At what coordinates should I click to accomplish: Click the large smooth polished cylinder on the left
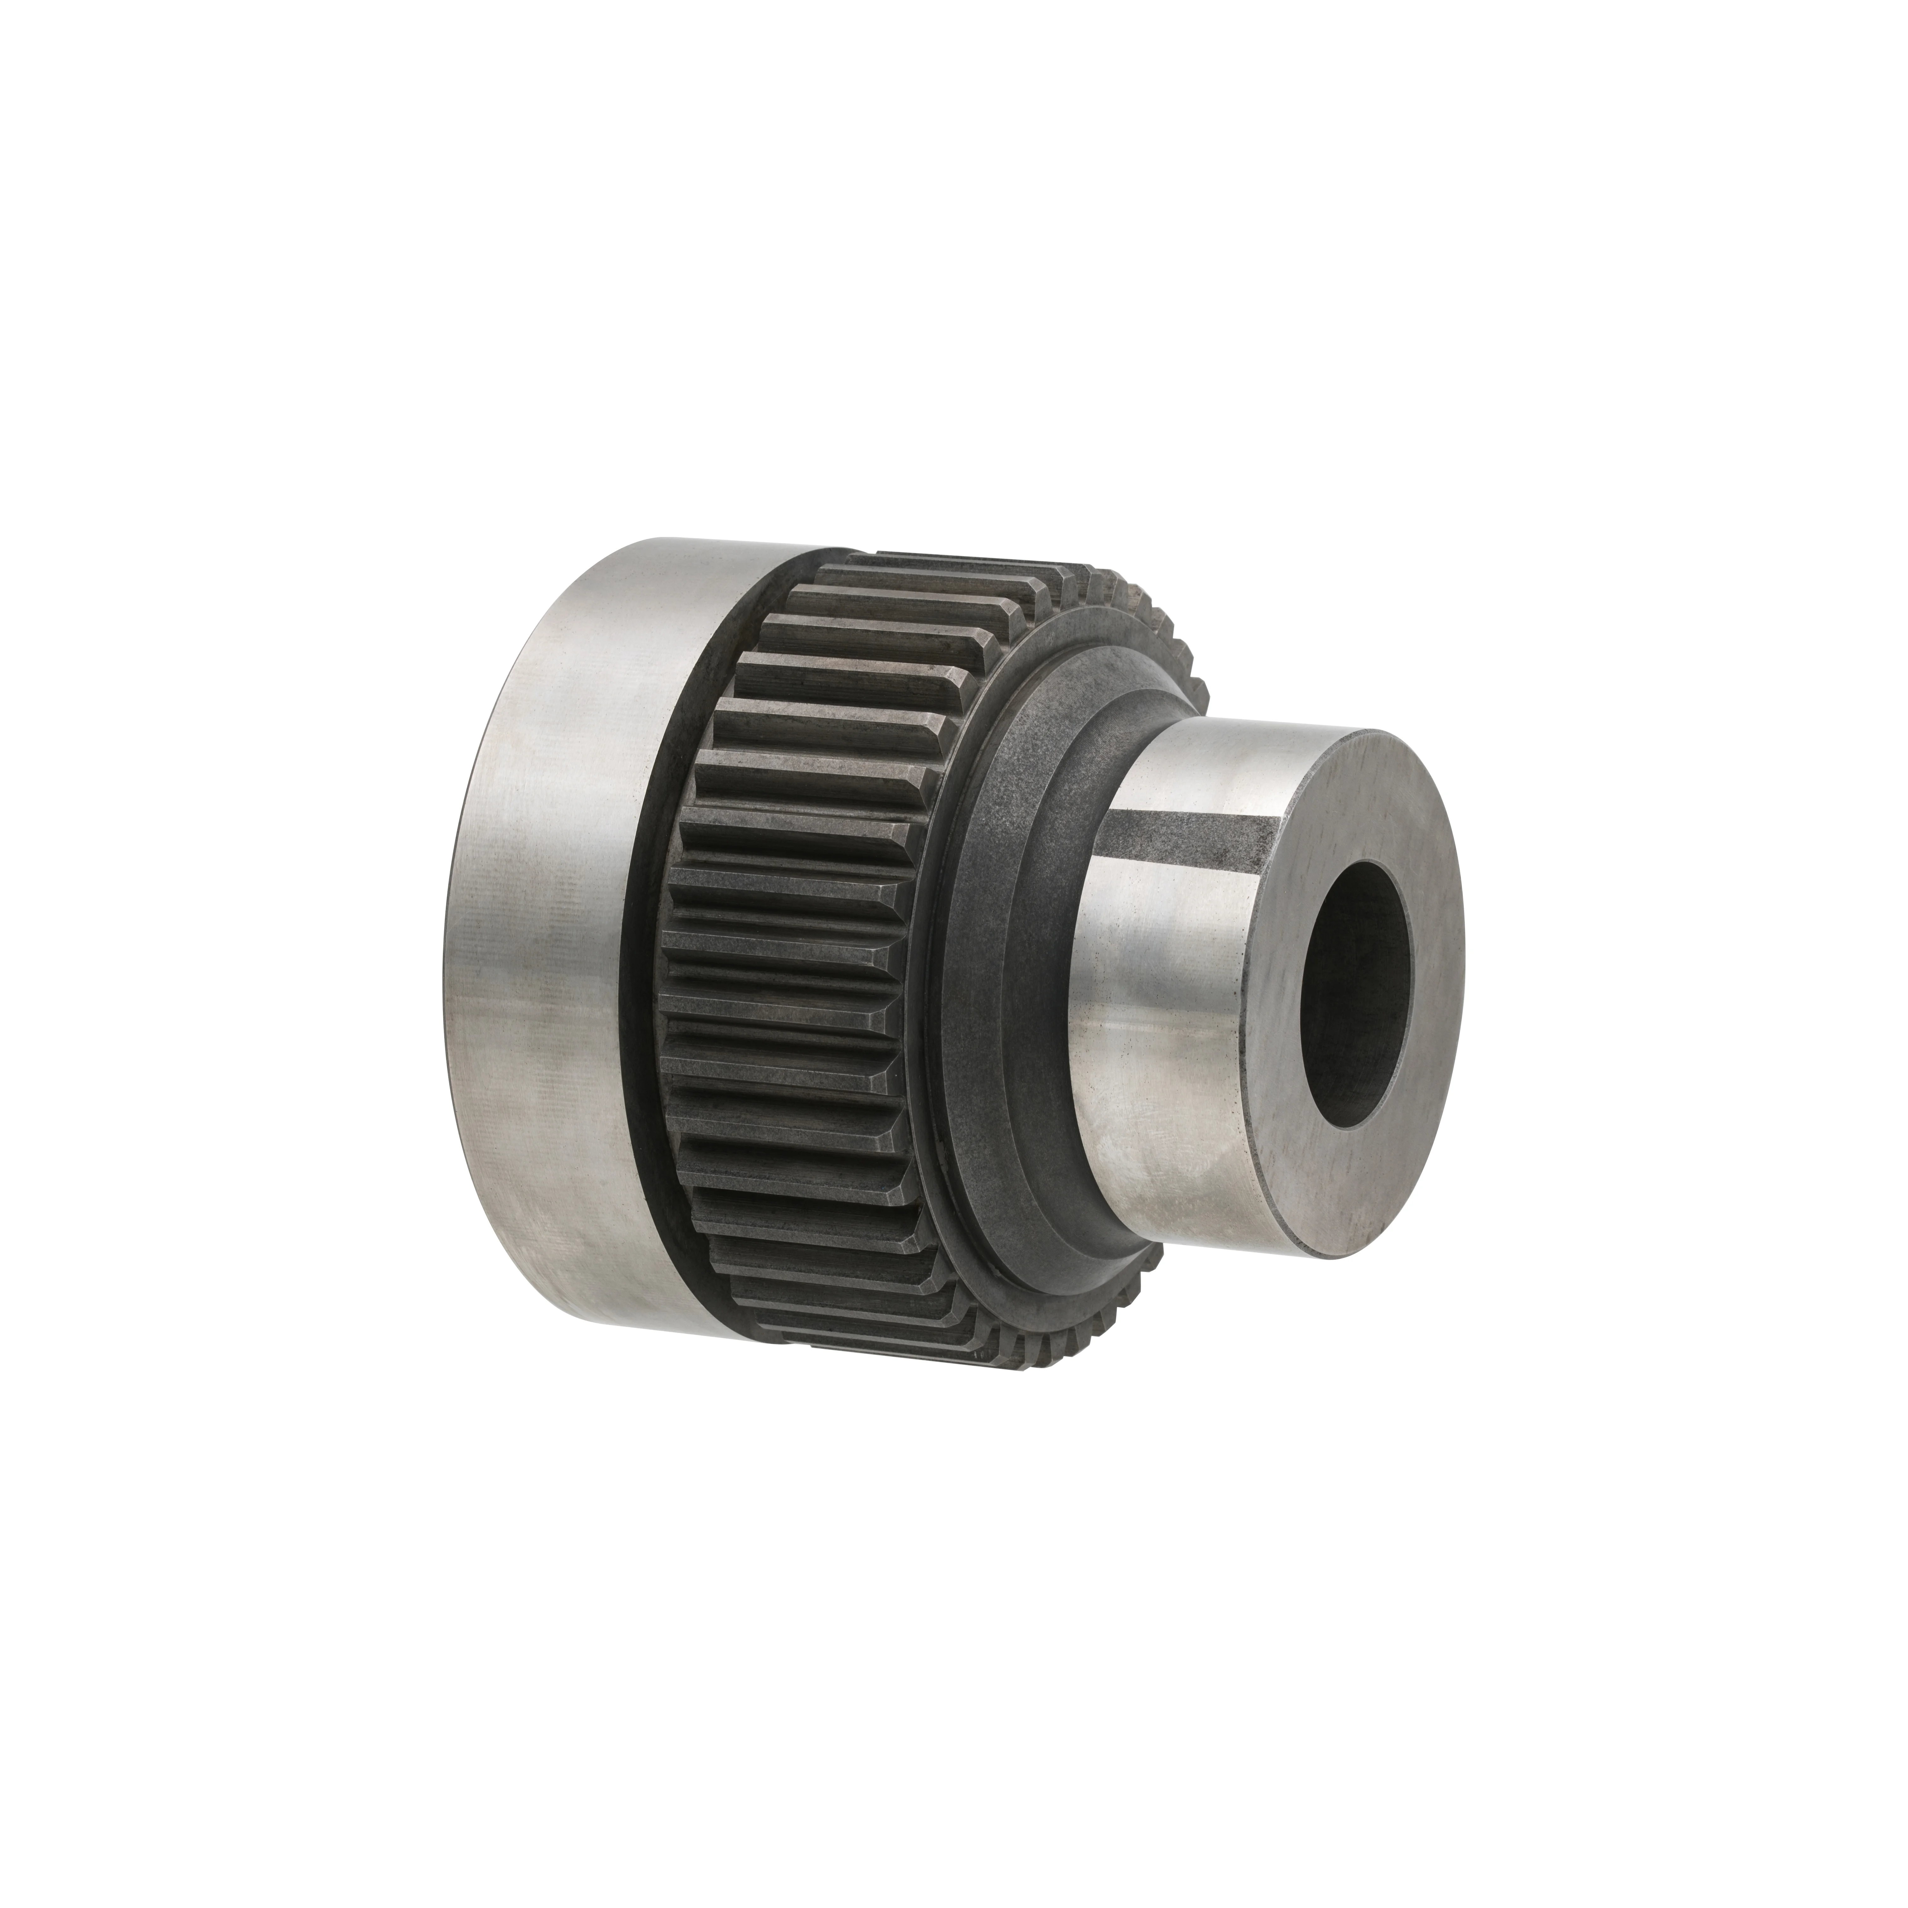553,928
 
